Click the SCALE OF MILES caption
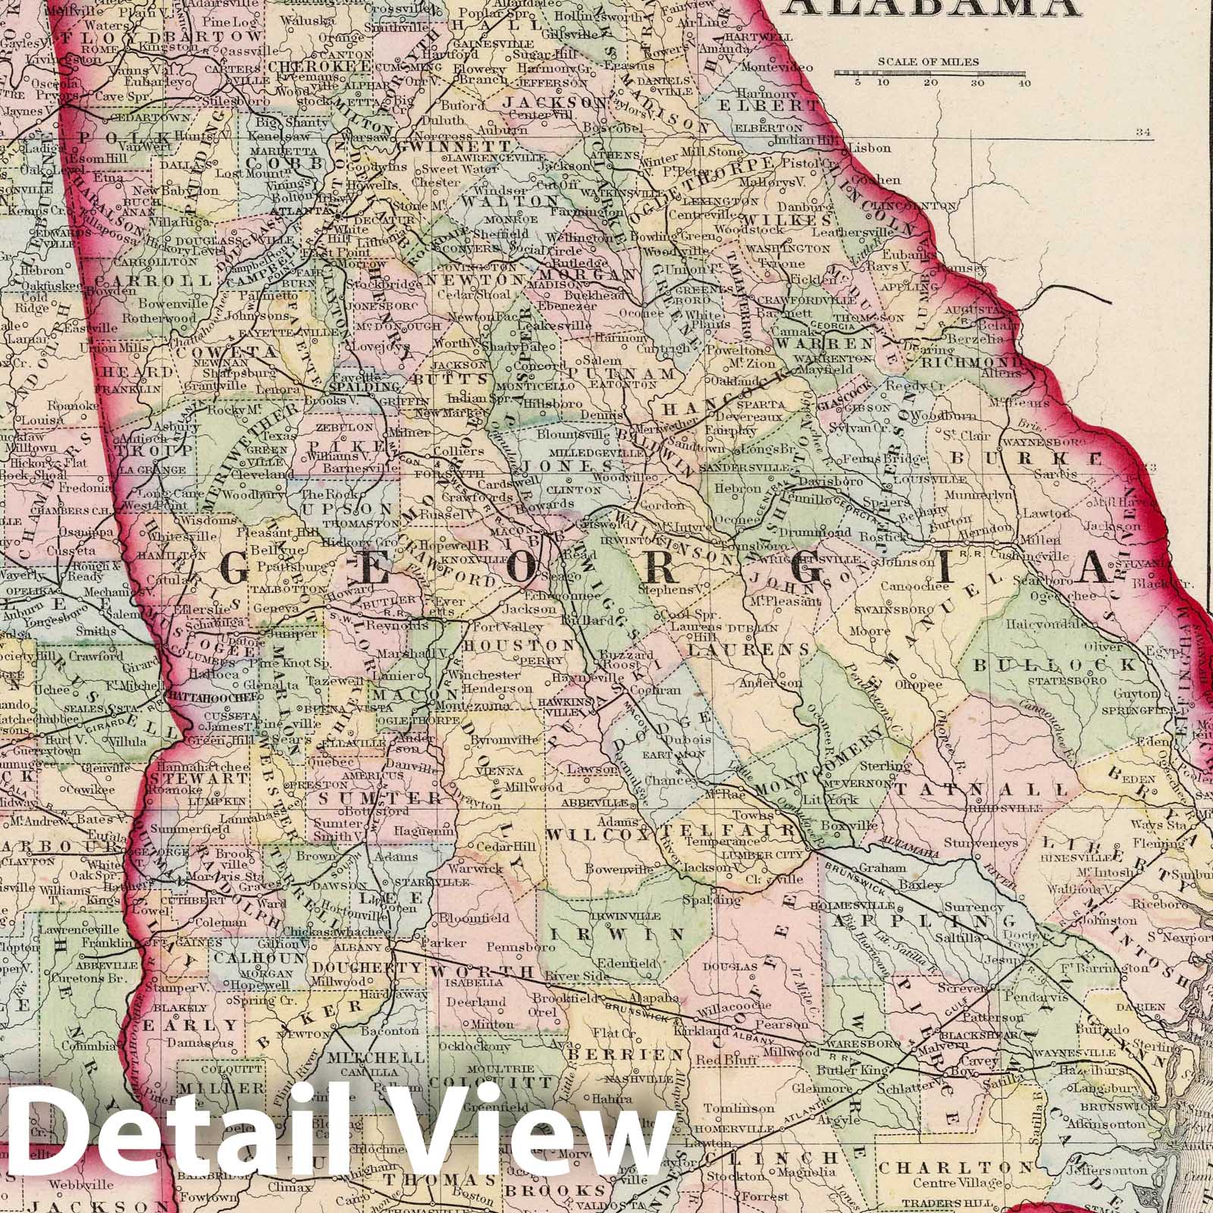coord(929,62)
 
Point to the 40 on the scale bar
coord(1026,83)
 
